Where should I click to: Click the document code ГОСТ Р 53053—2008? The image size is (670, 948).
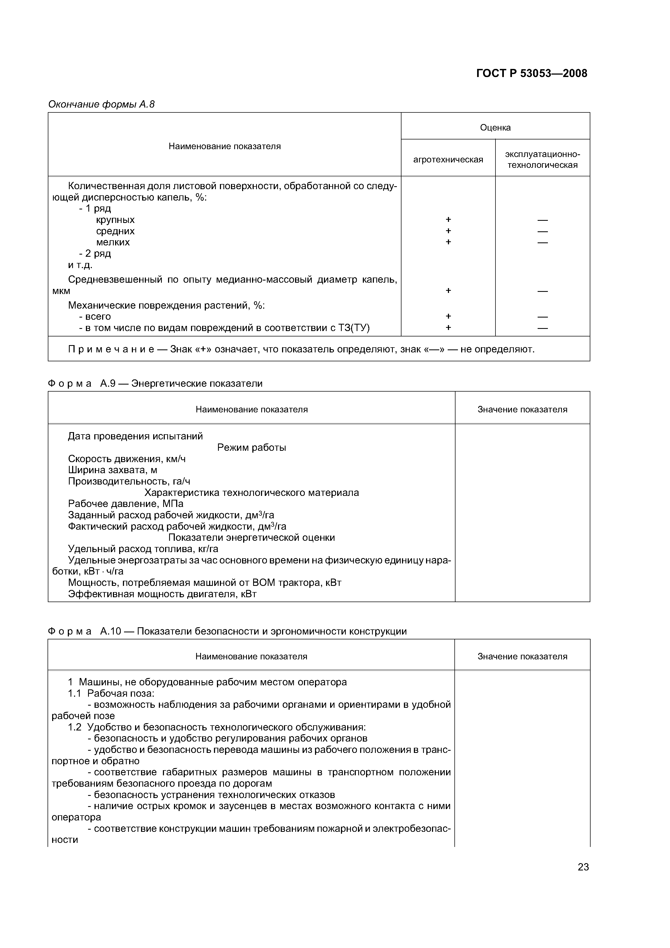point(531,74)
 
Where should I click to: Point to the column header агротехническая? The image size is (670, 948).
point(448,159)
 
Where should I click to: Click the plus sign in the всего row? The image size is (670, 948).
point(448,316)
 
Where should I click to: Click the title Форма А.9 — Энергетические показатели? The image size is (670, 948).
point(155,383)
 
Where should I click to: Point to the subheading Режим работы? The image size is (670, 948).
point(252,448)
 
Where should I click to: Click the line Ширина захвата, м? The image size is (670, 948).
point(112,470)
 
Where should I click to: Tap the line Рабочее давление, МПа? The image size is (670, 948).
point(126,504)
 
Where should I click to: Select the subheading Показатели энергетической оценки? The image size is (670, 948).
point(252,538)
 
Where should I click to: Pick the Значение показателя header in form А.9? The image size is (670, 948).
point(522,409)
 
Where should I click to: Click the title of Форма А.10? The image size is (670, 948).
point(227,631)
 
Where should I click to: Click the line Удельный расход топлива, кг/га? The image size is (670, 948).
point(143,549)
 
